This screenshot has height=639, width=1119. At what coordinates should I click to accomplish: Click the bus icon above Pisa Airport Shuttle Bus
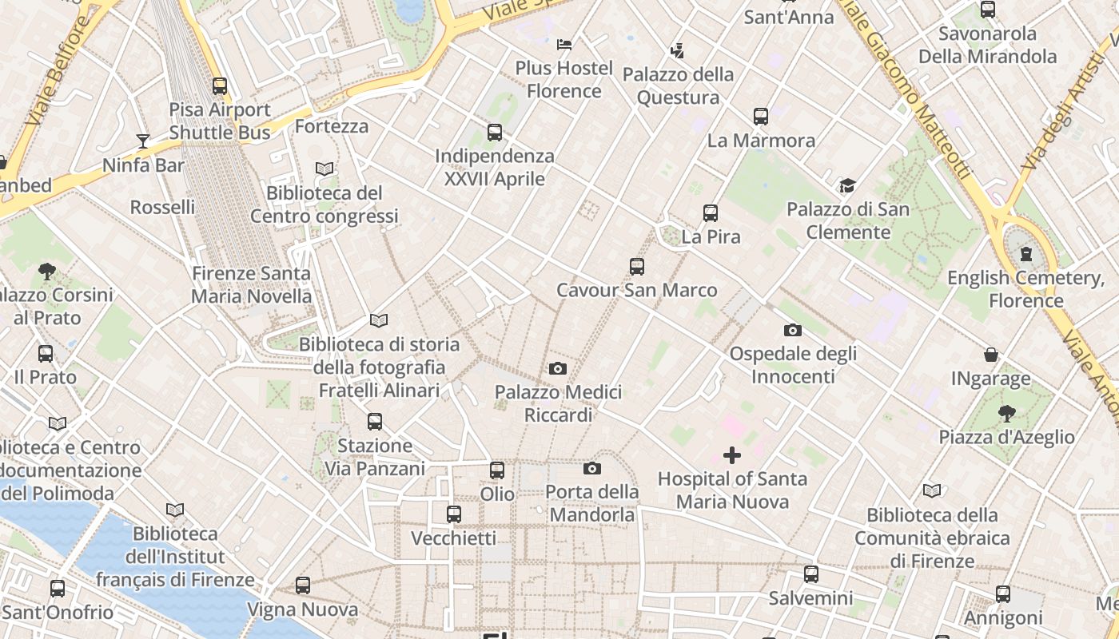pyautogui.click(x=220, y=86)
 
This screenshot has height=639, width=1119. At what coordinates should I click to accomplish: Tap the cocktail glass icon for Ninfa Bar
pyautogui.click(x=143, y=141)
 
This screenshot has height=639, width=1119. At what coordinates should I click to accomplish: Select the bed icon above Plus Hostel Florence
pyautogui.click(x=564, y=44)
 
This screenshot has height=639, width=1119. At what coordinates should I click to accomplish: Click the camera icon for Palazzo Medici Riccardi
pyautogui.click(x=558, y=368)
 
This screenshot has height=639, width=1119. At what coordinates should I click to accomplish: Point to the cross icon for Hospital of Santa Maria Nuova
pyautogui.click(x=731, y=455)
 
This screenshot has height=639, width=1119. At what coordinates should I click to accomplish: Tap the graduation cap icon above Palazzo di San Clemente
pyautogui.click(x=847, y=186)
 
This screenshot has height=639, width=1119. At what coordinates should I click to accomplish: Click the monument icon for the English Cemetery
pyautogui.click(x=1025, y=254)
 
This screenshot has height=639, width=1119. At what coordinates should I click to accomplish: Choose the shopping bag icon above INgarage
pyautogui.click(x=991, y=355)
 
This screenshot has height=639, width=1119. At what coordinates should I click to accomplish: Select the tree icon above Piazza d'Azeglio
pyautogui.click(x=1006, y=413)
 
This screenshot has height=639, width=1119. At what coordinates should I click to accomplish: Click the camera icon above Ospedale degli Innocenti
pyautogui.click(x=793, y=330)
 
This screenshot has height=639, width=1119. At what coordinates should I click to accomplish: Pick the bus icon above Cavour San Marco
pyautogui.click(x=637, y=267)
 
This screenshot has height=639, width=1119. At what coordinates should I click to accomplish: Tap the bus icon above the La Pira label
pyautogui.click(x=711, y=213)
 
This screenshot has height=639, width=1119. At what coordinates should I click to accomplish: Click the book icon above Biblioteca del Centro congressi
pyautogui.click(x=324, y=169)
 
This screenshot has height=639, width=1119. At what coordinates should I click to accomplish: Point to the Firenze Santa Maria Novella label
pyautogui.click(x=251, y=284)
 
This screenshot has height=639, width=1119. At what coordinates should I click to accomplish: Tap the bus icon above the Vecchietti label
pyautogui.click(x=454, y=514)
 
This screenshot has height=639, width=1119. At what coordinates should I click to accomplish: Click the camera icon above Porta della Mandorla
pyautogui.click(x=592, y=468)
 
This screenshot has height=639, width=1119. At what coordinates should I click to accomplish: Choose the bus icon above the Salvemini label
pyautogui.click(x=811, y=574)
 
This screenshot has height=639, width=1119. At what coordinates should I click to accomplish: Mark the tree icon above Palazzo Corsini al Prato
pyautogui.click(x=47, y=272)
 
